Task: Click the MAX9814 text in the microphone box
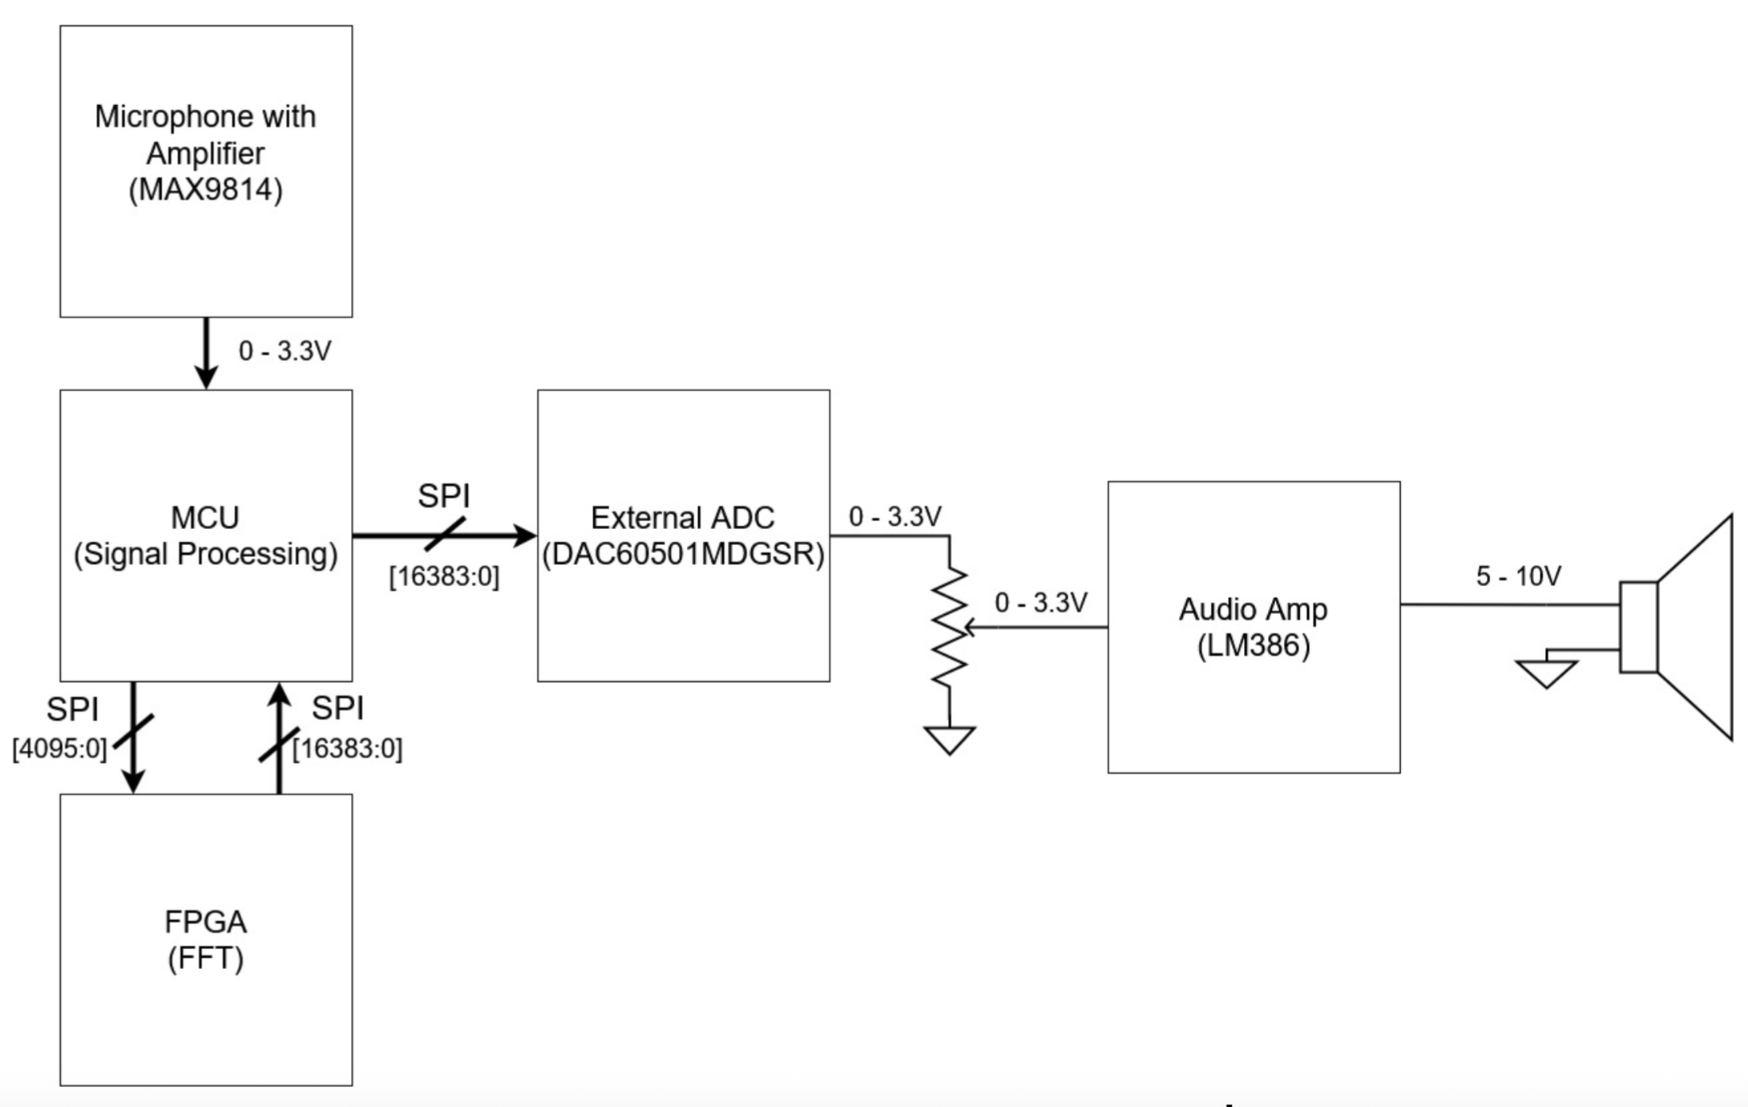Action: [x=205, y=190]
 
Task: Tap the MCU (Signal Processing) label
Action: [x=205, y=535]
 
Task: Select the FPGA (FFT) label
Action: [x=205, y=939]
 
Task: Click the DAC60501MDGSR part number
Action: [x=683, y=554]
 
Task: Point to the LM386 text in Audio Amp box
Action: [x=1253, y=645]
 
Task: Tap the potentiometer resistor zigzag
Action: [x=950, y=626]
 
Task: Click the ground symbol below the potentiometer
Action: [x=950, y=739]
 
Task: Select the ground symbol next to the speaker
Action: [x=1546, y=673]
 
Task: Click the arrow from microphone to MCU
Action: [x=206, y=353]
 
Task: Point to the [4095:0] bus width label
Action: [x=59, y=749]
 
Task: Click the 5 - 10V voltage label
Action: [x=1518, y=576]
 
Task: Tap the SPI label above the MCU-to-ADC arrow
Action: [x=443, y=496]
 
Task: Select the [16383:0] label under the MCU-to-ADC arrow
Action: [x=444, y=576]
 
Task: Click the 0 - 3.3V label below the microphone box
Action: [x=285, y=350]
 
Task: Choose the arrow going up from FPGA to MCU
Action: [x=279, y=737]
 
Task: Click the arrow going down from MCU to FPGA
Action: [x=133, y=737]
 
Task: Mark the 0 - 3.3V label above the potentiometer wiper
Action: [x=1040, y=602]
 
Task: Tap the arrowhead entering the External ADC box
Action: [x=526, y=535]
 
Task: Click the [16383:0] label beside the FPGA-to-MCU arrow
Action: [x=347, y=749]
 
